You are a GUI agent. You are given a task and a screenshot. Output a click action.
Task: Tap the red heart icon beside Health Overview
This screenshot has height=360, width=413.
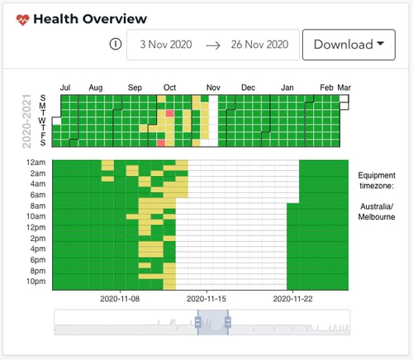pos(21,19)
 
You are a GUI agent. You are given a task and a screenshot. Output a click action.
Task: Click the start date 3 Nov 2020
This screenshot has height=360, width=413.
pos(165,45)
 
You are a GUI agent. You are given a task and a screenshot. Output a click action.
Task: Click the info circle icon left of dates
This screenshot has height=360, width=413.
pos(116,45)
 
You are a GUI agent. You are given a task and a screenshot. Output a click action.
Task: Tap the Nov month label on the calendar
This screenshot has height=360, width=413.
pos(213,87)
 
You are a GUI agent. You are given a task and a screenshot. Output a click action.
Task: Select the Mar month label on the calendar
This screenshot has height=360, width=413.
pos(344,87)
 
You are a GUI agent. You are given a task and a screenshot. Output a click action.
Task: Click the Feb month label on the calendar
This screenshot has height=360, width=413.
pos(326,87)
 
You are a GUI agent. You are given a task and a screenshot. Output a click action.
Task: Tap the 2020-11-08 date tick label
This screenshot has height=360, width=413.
pos(120,299)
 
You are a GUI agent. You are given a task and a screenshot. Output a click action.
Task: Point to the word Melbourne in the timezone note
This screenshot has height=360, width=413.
pos(377,216)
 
